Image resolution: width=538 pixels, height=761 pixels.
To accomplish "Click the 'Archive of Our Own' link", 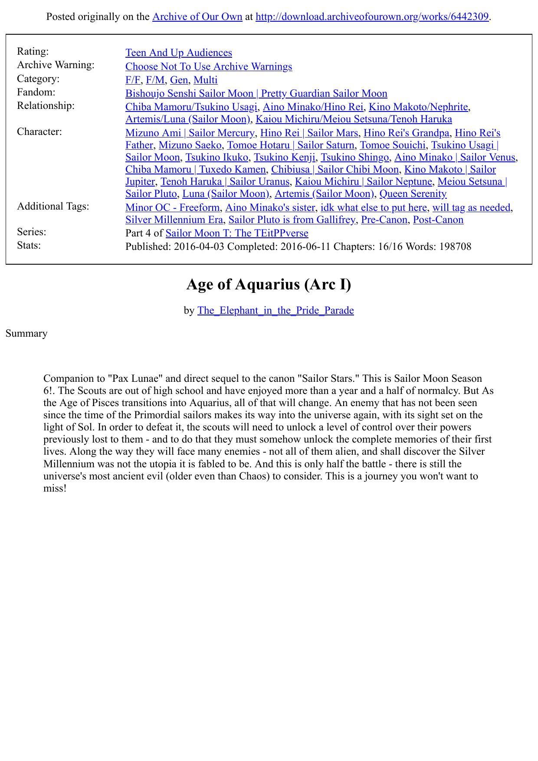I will coord(197,17).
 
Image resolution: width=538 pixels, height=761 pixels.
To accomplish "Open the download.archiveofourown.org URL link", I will coord(372,17).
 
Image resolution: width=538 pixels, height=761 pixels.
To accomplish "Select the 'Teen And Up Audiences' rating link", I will coord(179,52).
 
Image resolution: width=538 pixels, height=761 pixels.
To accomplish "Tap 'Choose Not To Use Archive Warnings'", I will coord(209,66).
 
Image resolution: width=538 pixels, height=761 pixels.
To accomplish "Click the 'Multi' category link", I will coord(206,80).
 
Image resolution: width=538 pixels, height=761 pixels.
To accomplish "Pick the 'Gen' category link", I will coord(179,80).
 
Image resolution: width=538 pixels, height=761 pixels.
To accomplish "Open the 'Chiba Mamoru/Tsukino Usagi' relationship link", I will coord(191,107).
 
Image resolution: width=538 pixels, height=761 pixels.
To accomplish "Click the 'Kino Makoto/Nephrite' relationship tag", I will coord(418,107).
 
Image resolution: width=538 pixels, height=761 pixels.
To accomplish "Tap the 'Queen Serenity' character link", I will coord(413,194).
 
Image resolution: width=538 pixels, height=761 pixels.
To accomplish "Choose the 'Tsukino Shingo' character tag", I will coord(354,157).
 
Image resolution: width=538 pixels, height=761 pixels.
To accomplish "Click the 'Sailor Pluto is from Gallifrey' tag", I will coord(292,220).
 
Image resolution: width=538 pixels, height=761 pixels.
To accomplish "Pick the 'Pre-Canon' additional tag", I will coord(384,220).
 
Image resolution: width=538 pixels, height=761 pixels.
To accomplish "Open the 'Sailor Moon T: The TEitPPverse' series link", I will coord(237,233).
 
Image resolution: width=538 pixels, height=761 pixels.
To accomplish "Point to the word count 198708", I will coord(455,246).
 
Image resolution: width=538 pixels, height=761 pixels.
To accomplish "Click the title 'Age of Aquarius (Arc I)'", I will coord(269,284).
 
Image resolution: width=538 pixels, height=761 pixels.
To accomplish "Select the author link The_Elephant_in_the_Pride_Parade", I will coord(276,310).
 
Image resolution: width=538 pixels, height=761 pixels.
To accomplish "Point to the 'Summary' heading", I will coord(26,333).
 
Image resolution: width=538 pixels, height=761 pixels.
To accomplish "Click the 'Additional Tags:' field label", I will coord(53,206).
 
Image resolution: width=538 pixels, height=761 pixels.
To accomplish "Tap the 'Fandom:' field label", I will coord(36,92).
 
